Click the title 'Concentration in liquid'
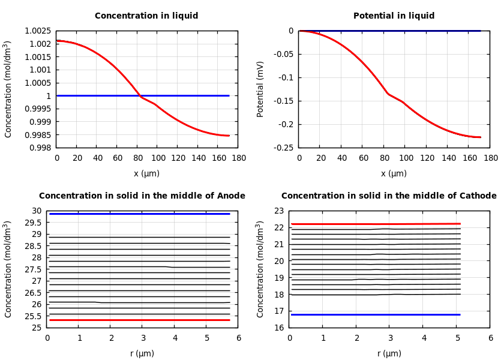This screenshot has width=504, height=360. click(x=146, y=16)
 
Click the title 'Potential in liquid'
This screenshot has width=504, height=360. click(x=394, y=16)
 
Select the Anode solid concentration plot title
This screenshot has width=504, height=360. click(x=142, y=196)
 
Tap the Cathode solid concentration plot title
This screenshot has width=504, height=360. click(x=389, y=196)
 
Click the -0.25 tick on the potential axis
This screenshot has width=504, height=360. click(x=281, y=148)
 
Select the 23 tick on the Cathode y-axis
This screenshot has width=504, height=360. click(x=277, y=211)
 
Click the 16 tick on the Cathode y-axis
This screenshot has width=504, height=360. click(x=277, y=328)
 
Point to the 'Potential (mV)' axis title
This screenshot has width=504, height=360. click(x=260, y=89)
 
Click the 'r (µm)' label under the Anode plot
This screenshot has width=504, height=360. click(x=142, y=353)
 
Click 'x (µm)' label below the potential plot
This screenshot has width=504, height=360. click(x=394, y=173)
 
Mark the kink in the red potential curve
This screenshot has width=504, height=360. click(x=388, y=94)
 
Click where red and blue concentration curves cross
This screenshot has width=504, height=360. click(x=139, y=95)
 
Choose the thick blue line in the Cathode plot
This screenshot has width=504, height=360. click(x=376, y=314)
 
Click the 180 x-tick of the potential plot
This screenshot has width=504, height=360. click(x=490, y=158)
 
